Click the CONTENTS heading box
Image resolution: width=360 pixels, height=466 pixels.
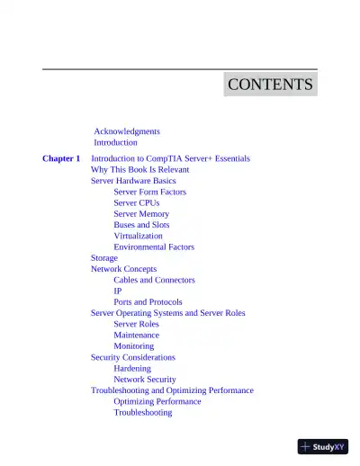point(270,85)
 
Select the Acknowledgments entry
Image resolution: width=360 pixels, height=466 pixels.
point(127,131)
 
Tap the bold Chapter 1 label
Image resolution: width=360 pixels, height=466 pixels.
point(61,158)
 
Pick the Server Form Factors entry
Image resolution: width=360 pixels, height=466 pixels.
point(149,192)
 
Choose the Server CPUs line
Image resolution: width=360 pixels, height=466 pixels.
point(136,202)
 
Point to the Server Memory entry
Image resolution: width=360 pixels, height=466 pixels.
point(141,214)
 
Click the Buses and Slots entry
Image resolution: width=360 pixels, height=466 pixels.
point(141,225)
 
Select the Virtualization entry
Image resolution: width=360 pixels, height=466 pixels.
point(138,236)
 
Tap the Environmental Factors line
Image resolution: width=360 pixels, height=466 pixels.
point(154,246)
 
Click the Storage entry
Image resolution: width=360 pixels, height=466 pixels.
point(104,258)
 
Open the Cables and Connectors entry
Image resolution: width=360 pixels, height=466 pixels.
point(154,280)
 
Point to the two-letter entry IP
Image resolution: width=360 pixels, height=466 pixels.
point(118,291)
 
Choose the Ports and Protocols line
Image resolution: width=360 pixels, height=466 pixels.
point(148,302)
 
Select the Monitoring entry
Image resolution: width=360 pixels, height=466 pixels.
point(133,346)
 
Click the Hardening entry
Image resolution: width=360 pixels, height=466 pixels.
point(132,369)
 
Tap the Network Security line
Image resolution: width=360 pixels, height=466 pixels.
point(145,380)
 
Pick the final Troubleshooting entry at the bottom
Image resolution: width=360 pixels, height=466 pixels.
point(142,413)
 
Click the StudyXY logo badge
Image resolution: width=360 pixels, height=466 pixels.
point(322,445)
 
